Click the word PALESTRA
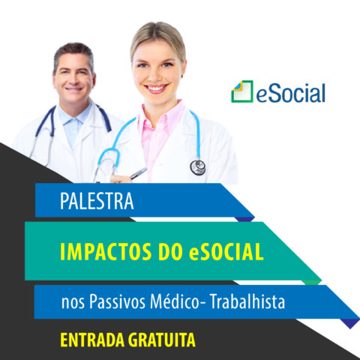tap(97, 201)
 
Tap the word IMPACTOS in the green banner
tap(106, 252)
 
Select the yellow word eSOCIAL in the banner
tap(226, 252)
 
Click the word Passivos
tap(117, 301)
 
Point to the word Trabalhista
tap(247, 301)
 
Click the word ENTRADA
tap(92, 340)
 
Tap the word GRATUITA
tap(162, 340)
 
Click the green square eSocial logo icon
tap(242, 91)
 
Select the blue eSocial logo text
tap(291, 93)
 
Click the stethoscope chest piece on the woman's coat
tap(198, 167)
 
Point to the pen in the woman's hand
tap(138, 173)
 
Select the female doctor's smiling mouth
tap(156, 88)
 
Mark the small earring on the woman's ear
tap(182, 76)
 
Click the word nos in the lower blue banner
tap(73, 303)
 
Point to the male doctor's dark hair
tap(73, 51)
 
